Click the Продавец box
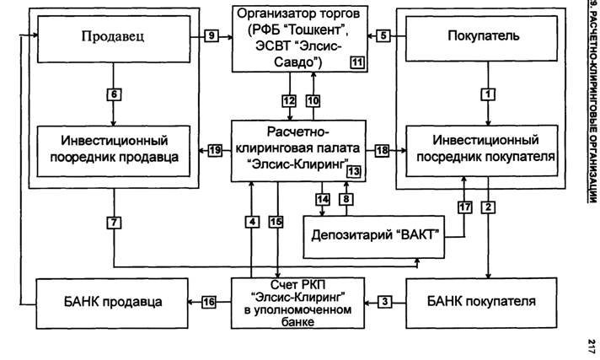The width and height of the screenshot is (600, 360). [114, 39]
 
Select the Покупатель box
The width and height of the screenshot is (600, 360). [481, 38]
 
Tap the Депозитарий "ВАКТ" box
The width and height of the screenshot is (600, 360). [374, 237]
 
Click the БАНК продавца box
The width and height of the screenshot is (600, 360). [112, 304]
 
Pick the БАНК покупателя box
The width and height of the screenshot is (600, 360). [481, 303]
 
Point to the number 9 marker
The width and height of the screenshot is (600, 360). [212, 36]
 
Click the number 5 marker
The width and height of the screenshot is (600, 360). [383, 36]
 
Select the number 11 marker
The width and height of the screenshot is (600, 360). [357, 62]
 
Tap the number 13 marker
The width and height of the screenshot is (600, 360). [354, 172]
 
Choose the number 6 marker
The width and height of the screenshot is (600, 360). [114, 94]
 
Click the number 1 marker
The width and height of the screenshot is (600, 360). [488, 94]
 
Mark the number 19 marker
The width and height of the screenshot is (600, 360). [215, 150]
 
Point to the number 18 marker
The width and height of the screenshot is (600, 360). [382, 151]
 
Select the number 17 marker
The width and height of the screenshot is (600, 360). [465, 207]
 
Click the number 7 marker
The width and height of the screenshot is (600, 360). [114, 223]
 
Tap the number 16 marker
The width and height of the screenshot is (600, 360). [209, 302]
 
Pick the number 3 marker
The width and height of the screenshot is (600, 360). [384, 302]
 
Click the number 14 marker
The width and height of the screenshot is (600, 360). [323, 199]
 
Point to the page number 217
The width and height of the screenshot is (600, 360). [592, 346]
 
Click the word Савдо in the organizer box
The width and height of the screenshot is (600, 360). [297, 62]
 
